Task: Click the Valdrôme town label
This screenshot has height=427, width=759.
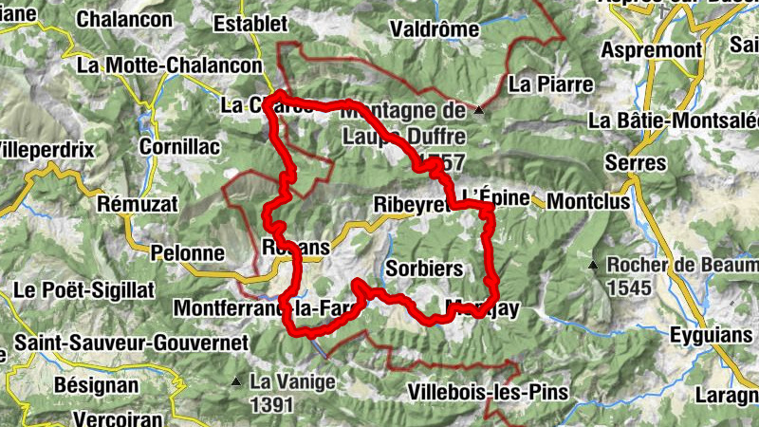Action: point(435,29)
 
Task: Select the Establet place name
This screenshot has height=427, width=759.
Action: point(250,23)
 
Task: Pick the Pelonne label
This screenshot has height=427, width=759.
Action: point(188,253)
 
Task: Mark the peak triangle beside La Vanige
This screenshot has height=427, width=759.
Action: point(235,382)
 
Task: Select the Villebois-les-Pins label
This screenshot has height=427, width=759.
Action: point(488,392)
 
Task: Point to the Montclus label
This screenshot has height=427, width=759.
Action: point(583,202)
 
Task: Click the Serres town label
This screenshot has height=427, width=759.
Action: point(639,162)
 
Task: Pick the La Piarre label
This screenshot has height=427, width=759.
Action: point(550,84)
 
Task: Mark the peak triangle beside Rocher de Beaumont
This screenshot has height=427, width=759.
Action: point(594,265)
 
